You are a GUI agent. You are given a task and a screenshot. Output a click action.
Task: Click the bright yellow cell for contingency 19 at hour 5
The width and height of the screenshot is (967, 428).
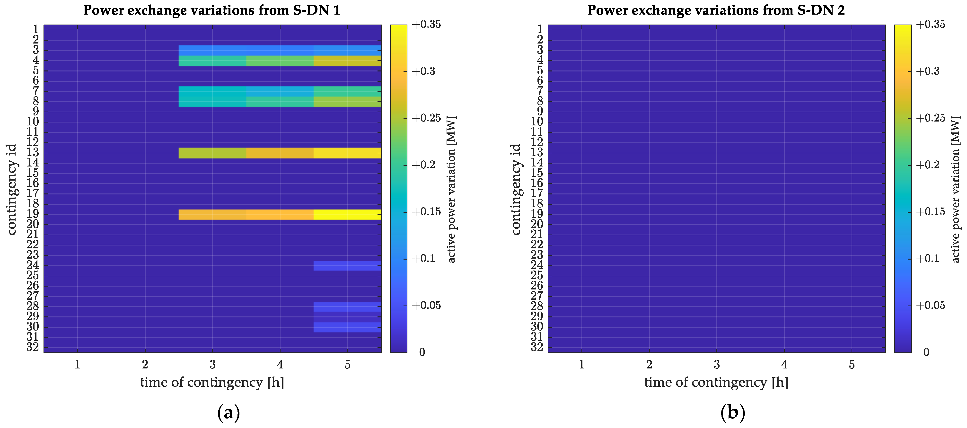tap(347, 214)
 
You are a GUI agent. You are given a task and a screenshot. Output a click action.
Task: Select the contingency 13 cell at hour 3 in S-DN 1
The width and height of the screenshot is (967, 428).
tap(212, 153)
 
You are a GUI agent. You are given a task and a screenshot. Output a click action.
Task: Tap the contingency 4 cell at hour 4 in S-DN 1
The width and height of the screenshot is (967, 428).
tap(280, 61)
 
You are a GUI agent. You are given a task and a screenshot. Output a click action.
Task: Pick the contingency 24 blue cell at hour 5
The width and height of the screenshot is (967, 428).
tap(347, 265)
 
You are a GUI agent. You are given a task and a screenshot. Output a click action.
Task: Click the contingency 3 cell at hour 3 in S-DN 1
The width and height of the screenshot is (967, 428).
tap(212, 50)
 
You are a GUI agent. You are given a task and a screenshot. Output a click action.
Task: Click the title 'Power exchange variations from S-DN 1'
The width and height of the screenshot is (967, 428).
tap(212, 10)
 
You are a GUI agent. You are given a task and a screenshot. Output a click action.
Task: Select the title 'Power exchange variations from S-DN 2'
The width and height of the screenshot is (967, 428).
tap(716, 10)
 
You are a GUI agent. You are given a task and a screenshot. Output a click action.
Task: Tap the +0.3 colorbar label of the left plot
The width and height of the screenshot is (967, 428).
tap(423, 71)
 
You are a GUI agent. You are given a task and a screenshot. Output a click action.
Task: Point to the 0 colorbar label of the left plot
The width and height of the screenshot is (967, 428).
tap(422, 352)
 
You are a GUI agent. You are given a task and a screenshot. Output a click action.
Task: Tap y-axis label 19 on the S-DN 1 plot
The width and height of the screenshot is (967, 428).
tap(33, 214)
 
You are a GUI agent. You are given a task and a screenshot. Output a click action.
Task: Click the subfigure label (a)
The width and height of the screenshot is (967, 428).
tap(228, 413)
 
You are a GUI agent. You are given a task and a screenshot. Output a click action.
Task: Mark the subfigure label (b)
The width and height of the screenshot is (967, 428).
tap(732, 413)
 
